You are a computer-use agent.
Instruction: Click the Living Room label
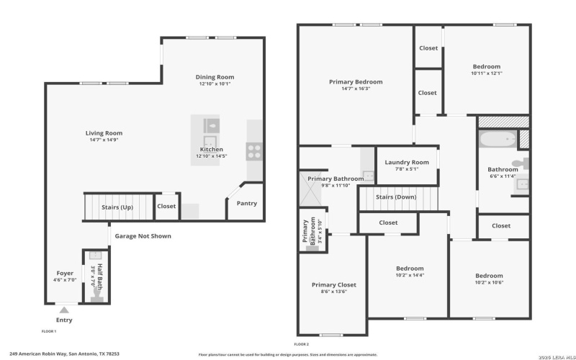click(x=104, y=133)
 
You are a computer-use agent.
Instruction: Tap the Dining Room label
click(x=215, y=77)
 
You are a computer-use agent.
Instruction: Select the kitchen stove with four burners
click(x=254, y=150)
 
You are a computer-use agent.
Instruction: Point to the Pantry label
click(x=246, y=204)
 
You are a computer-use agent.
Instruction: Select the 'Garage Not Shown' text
click(x=143, y=235)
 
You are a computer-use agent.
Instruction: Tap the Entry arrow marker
click(x=64, y=310)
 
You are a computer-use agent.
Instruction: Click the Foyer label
click(x=65, y=273)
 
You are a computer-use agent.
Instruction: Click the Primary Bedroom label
click(x=356, y=82)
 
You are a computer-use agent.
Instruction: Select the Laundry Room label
click(x=406, y=163)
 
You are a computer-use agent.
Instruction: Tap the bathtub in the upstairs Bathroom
click(x=498, y=139)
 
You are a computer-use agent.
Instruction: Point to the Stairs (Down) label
click(x=397, y=196)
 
